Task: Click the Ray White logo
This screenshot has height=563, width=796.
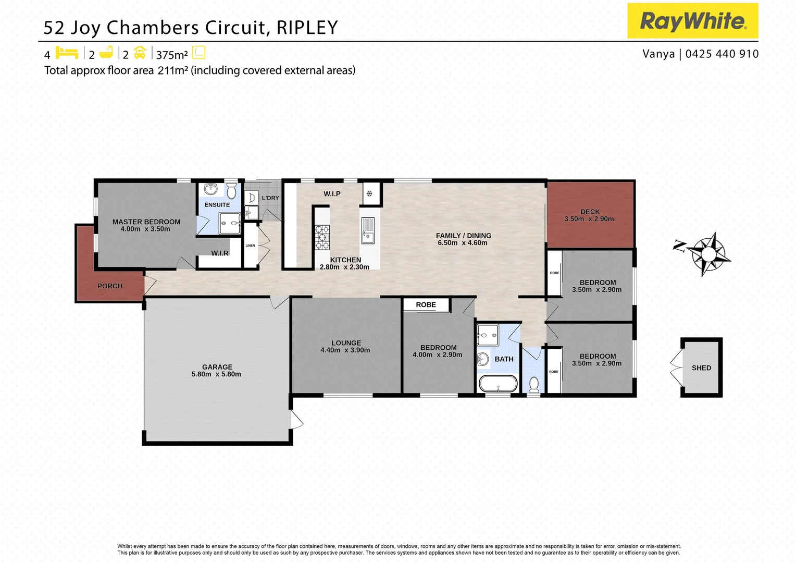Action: (x=692, y=21)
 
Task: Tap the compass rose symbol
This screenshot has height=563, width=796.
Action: (x=708, y=254)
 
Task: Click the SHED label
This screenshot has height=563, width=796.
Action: (x=701, y=368)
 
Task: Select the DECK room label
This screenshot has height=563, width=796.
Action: (x=590, y=212)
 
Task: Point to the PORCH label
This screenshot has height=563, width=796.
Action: (x=110, y=286)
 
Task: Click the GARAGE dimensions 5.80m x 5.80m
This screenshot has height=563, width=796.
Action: (x=216, y=374)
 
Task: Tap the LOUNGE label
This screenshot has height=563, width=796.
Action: (x=346, y=343)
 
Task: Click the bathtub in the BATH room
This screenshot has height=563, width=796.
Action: (x=498, y=384)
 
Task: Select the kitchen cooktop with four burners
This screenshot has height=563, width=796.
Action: (x=322, y=237)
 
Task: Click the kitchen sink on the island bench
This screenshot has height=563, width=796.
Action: (x=368, y=231)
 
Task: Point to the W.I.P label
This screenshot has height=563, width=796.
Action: (x=332, y=194)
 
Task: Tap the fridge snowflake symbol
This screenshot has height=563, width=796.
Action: (x=369, y=194)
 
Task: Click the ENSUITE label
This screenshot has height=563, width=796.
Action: (x=217, y=205)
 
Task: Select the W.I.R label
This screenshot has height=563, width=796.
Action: (x=219, y=253)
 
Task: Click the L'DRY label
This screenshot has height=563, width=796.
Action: (x=270, y=198)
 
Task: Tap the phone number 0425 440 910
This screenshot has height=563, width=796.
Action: (x=722, y=54)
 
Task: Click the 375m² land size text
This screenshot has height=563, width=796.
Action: (x=172, y=55)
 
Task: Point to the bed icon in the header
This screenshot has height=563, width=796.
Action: (x=67, y=53)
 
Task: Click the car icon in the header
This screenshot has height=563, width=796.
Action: (x=140, y=53)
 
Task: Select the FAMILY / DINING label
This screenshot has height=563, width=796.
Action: (x=464, y=236)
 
